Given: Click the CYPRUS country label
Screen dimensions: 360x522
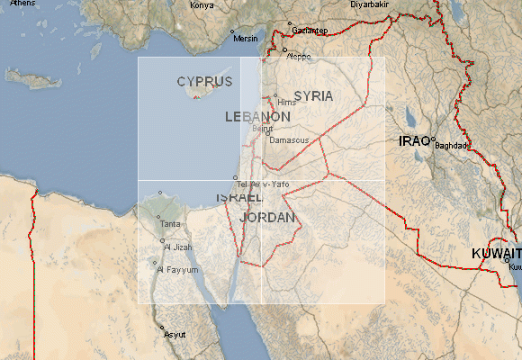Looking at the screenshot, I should pos(204,81).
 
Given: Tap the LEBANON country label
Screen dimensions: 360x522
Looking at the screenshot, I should pos(257,117).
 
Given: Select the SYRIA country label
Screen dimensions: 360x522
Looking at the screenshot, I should pos(313,95).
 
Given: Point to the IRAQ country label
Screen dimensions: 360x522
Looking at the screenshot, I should pos(415,141).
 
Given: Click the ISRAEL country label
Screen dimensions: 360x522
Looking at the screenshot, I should pos(239,197).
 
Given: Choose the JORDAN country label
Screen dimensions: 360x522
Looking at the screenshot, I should pos(268,218).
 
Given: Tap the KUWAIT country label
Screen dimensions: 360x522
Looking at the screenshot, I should pos(496,255).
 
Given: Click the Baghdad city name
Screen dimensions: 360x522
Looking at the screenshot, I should pos(452,146).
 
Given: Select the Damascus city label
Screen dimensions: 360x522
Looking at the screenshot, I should pos(289,140).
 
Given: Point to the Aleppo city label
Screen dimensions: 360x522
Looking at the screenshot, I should pos(298,56).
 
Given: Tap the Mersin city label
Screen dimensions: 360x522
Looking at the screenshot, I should pos(246,39).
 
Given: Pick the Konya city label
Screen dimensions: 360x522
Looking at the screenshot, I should pos(202,5).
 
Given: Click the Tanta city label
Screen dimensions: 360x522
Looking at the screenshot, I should pos(169,223).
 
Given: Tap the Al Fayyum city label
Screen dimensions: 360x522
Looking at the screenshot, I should pos(177,269).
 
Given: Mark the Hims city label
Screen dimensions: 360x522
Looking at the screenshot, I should pos(286,102).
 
